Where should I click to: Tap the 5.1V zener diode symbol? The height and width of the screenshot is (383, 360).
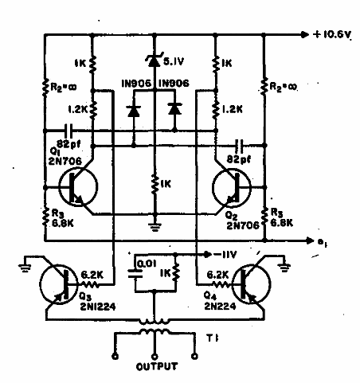pyautogui.click(x=155, y=59)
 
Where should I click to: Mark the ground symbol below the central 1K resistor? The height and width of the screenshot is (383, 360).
pyautogui.click(x=155, y=224)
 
